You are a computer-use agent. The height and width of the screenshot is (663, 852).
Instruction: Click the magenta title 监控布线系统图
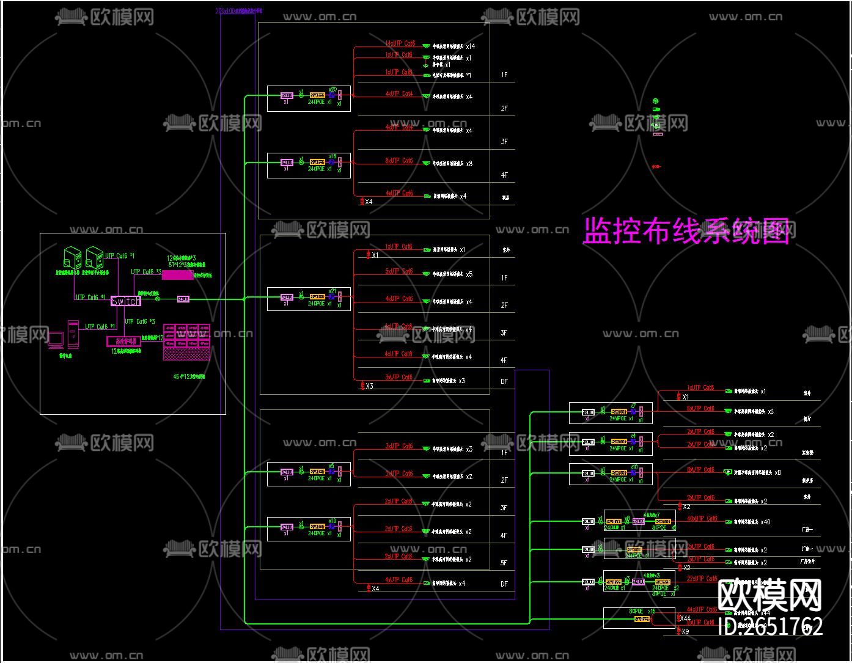(x=686, y=231)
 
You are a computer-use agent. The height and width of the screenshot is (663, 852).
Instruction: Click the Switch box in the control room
(x=125, y=301)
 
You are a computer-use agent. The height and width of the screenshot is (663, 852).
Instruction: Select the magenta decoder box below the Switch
(x=123, y=342)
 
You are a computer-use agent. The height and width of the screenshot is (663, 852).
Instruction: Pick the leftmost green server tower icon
(x=72, y=257)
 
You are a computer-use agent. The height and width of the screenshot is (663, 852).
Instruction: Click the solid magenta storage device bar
(x=177, y=276)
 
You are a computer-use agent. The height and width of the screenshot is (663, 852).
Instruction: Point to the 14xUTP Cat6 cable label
(x=400, y=43)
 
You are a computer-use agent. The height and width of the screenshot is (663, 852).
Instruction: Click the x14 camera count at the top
(x=470, y=46)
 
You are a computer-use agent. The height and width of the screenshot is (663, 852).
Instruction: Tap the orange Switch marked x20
(x=317, y=95)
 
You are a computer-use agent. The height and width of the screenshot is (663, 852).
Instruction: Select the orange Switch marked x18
(x=317, y=162)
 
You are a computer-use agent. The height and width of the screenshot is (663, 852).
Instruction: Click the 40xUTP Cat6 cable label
(x=702, y=519)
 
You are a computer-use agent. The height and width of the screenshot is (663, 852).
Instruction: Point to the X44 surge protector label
(x=685, y=618)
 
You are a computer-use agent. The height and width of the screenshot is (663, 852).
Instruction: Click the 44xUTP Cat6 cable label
(x=702, y=610)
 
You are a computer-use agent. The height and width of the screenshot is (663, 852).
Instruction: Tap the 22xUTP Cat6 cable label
(x=702, y=578)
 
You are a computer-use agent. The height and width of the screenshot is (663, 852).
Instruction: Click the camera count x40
(x=765, y=522)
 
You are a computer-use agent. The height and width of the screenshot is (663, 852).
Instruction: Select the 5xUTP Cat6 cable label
(x=399, y=271)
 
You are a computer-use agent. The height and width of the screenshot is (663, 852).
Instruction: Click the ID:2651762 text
(x=769, y=626)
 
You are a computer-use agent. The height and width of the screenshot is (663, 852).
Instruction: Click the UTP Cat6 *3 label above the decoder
(x=140, y=321)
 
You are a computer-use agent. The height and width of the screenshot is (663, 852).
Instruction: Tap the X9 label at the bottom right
(x=685, y=631)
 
